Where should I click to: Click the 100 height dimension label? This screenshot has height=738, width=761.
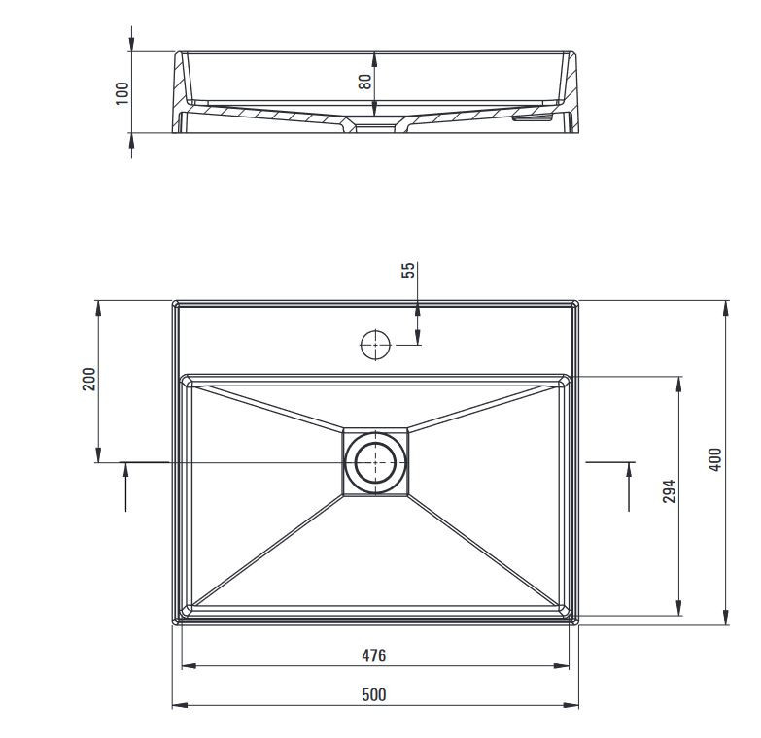(122, 92)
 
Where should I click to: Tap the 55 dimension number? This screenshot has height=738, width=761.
(408, 271)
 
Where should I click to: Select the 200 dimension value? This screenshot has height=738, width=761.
(88, 380)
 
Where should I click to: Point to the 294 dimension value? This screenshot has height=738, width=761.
(669, 492)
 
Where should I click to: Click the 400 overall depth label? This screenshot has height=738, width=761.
(715, 459)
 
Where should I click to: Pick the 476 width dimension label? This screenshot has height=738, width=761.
(374, 655)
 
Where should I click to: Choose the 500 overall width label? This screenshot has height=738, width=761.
(374, 694)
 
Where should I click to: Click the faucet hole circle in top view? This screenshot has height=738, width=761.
(374, 344)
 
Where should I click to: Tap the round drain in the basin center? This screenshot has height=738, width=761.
(374, 462)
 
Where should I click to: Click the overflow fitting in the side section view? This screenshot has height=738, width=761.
(534, 117)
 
